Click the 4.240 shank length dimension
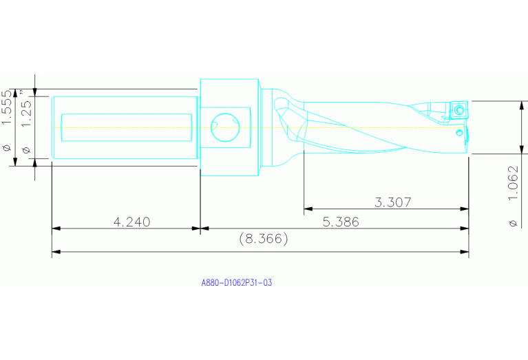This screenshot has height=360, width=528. tap(131, 222)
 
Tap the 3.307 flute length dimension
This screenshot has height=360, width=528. tap(392, 202)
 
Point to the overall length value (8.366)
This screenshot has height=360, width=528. tap(263, 239)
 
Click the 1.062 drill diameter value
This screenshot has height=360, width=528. tap(512, 185)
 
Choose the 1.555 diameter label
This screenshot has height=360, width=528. tap(8, 107)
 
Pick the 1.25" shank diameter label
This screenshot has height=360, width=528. tap(27, 110)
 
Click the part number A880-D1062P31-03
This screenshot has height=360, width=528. tap(236, 283)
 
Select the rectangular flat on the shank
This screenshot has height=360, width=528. tap(127, 127)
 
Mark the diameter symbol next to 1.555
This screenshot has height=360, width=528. tap(8, 147)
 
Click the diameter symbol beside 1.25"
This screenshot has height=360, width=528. tap(27, 149)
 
